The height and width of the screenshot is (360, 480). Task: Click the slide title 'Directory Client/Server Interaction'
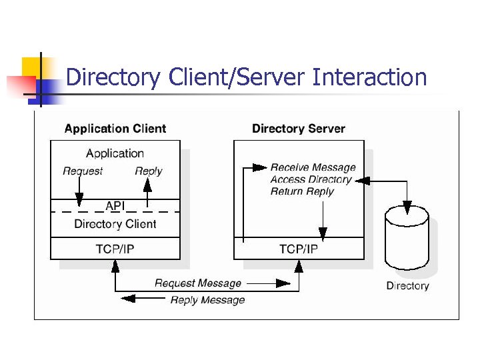coord(246,78)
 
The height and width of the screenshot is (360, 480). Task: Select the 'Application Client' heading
coord(115,129)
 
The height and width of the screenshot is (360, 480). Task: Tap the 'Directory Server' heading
coord(299,129)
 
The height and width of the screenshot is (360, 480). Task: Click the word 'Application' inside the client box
coord(115,153)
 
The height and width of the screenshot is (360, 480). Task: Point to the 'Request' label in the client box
coord(83,171)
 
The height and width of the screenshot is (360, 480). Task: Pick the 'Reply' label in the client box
coord(148,171)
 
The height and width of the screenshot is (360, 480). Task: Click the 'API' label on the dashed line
coord(115,206)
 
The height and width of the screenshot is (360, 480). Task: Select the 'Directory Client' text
coord(115,224)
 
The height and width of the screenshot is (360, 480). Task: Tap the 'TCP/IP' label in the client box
coord(115,249)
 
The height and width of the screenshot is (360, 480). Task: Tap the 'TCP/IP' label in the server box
coord(299,249)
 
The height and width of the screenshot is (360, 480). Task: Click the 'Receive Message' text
coord(313,167)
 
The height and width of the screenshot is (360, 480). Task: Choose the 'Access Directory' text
coord(311,179)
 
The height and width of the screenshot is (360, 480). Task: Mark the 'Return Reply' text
coord(302,191)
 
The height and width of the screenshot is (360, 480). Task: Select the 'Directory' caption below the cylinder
coord(407,285)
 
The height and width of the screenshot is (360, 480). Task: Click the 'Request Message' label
coord(198,283)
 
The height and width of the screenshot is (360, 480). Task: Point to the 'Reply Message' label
coord(207,300)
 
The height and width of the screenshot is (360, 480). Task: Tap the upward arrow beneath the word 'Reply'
coord(148,193)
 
